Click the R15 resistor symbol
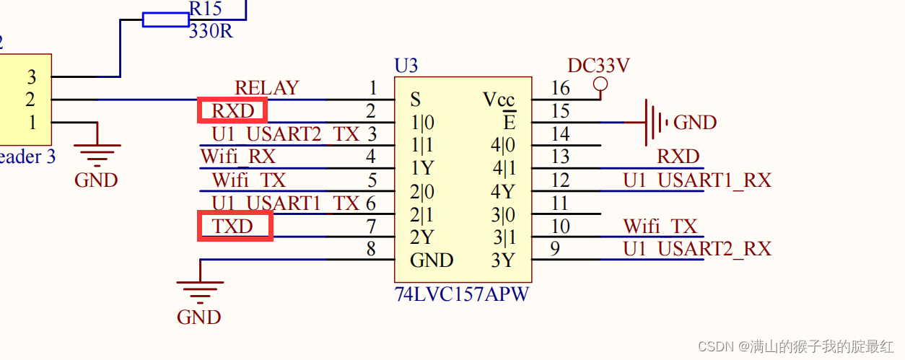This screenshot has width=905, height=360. pyautogui.click(x=166, y=19)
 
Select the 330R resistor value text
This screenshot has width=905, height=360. pyautogui.click(x=211, y=32)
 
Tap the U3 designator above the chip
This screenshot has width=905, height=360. pyautogui.click(x=406, y=66)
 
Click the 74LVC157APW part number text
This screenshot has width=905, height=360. pyautogui.click(x=462, y=295)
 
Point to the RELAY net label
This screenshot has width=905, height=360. pyautogui.click(x=266, y=88)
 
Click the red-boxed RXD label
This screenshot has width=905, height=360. pyautogui.click(x=232, y=111)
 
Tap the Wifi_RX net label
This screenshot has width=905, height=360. pyautogui.click(x=237, y=157)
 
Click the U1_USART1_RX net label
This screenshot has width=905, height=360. pyautogui.click(x=697, y=180)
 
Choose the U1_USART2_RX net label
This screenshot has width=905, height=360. pyautogui.click(x=697, y=249)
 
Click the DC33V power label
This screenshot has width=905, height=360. pyautogui.click(x=598, y=66)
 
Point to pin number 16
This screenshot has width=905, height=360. pyautogui.click(x=560, y=88)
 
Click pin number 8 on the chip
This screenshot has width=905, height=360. pyautogui.click(x=371, y=250)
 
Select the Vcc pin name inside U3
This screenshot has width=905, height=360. pyautogui.click(x=499, y=100)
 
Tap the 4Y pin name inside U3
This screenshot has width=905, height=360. pyautogui.click(x=502, y=192)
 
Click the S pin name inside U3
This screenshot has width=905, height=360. pyautogui.click(x=415, y=100)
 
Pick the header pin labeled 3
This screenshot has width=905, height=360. pyautogui.click(x=31, y=76)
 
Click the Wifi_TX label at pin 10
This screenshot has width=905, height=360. pyautogui.click(x=660, y=227)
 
